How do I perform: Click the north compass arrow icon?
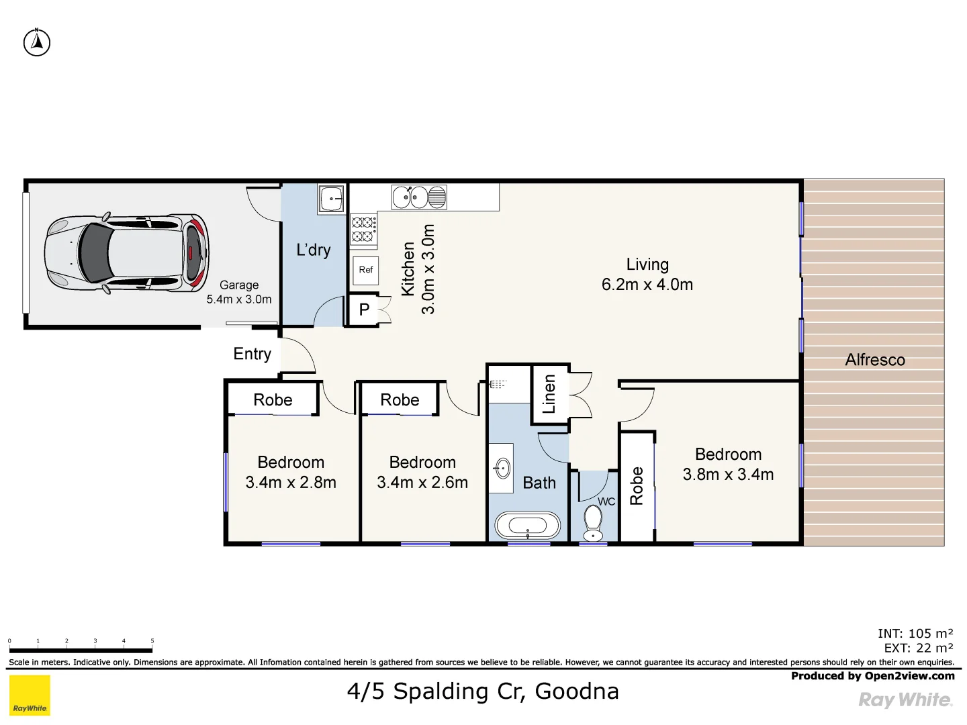[37, 42]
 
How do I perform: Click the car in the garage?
[126, 254]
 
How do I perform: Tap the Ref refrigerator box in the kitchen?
[365, 270]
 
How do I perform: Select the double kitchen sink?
[419, 197]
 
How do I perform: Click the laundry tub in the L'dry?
[332, 199]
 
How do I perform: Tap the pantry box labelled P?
[364, 310]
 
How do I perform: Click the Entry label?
[252, 354]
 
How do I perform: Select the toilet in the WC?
[593, 523]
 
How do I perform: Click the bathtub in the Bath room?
[528, 526]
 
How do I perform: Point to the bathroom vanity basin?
[502, 468]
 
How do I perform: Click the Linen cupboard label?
[549, 394]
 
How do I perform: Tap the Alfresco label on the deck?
[874, 360]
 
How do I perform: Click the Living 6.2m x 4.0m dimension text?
[647, 285]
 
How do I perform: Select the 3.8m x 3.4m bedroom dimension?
[728, 475]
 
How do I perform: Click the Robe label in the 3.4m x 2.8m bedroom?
[273, 400]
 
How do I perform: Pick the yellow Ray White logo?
[30, 695]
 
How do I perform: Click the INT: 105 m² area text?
[915, 633]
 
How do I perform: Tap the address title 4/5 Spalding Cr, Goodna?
[483, 691]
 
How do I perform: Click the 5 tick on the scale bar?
[152, 642]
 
